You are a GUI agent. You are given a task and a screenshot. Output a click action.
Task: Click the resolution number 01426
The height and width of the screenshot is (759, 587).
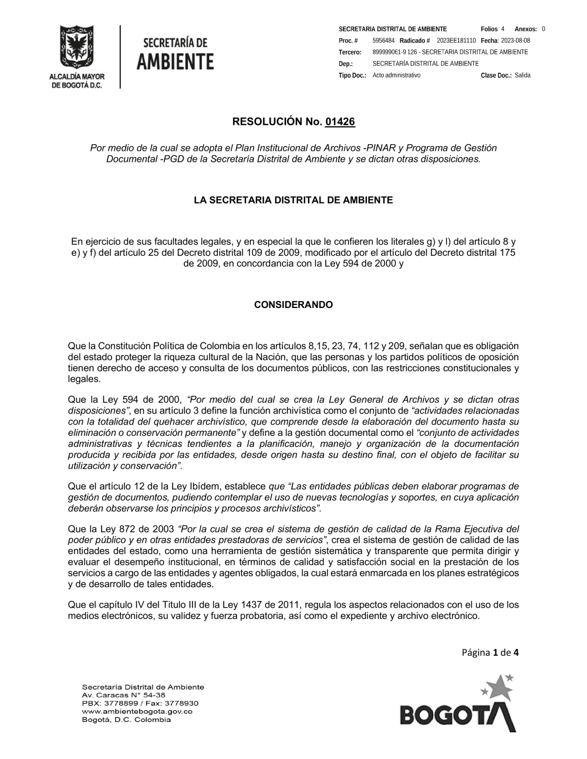[340, 122]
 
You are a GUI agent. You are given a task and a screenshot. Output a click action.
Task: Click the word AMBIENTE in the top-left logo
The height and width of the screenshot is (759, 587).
[175, 61]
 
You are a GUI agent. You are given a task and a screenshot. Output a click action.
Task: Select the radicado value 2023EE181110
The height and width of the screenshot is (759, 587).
[456, 40]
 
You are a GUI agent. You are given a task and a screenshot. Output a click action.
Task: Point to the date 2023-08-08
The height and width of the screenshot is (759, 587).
[515, 40]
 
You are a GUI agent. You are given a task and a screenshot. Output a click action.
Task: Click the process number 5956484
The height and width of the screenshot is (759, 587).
[383, 40]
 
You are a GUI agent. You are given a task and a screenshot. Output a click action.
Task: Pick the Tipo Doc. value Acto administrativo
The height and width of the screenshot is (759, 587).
[396, 75]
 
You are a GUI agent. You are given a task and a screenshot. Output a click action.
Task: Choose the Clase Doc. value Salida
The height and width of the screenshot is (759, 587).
[522, 75]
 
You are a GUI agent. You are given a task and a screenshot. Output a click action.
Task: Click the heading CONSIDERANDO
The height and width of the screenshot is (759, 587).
[293, 305]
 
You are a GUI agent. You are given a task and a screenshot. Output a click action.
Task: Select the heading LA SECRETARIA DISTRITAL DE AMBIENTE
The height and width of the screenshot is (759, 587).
[293, 200]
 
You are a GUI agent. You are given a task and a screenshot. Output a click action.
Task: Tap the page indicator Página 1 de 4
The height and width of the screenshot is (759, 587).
[490, 652]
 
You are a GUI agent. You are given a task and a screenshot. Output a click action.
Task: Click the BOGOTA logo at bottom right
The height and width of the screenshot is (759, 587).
[458, 714]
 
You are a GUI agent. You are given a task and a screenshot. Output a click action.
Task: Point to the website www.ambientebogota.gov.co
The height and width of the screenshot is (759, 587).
[137, 711]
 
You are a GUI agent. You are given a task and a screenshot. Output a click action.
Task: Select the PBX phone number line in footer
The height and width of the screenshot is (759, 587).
[140, 703]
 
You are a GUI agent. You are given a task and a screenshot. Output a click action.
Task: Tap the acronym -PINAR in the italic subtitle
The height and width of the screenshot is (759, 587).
[380, 148]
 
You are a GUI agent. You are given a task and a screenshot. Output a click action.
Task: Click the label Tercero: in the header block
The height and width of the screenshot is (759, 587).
[350, 52]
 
